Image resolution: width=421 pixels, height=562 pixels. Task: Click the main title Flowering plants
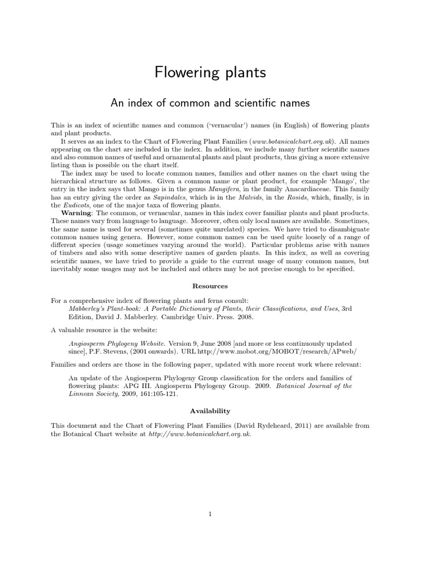pos(210,72)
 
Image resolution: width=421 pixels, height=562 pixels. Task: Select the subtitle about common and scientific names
pos(210,103)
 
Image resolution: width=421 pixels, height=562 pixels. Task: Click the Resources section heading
pos(210,286)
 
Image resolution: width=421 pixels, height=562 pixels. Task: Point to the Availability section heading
pos(210,411)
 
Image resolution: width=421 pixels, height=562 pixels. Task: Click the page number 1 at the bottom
pos(210,514)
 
